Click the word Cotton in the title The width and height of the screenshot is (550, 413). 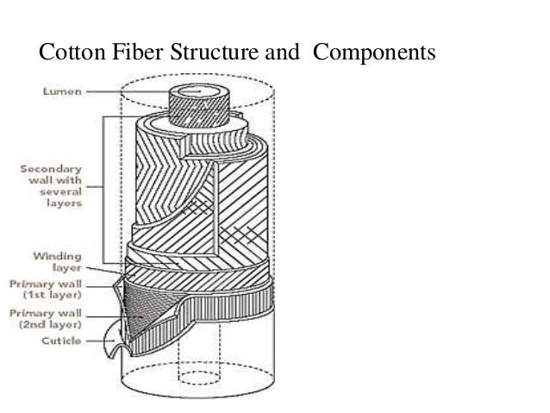tap(69, 55)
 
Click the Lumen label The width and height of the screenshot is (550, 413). tap(64, 91)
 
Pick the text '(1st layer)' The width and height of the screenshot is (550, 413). tap(54, 294)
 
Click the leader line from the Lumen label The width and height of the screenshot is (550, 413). tap(129, 91)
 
